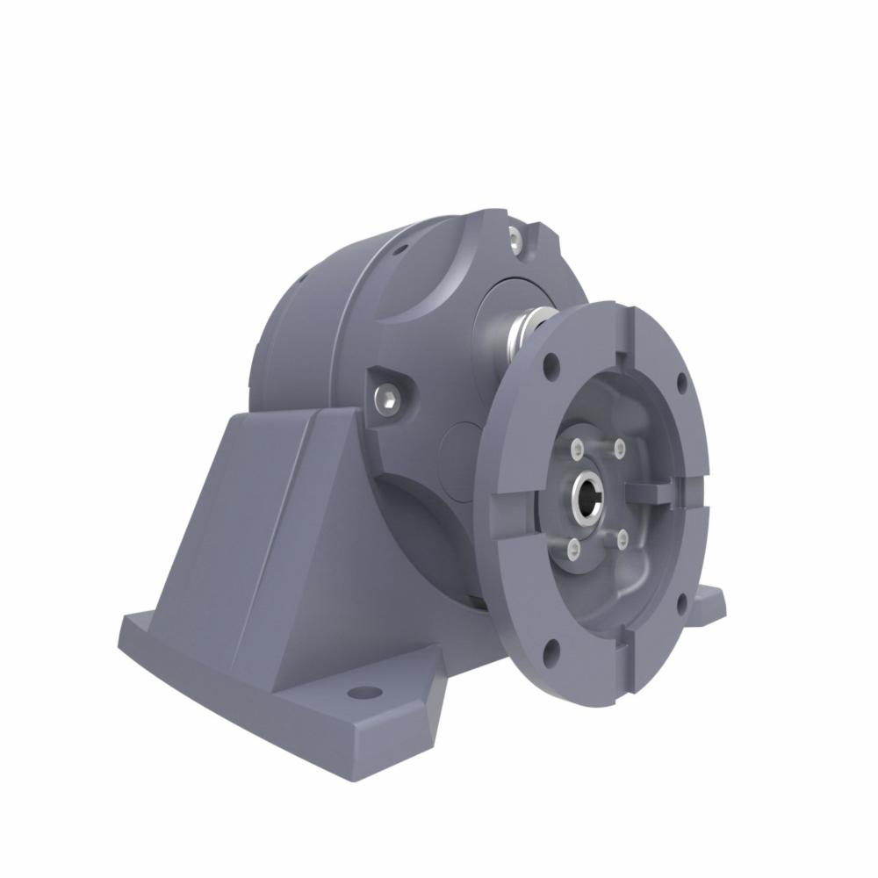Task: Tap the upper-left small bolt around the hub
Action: pos(576,450)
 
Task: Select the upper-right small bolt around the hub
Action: pos(621,450)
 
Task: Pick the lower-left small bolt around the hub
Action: pos(573,550)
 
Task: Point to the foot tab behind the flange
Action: pos(712,606)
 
